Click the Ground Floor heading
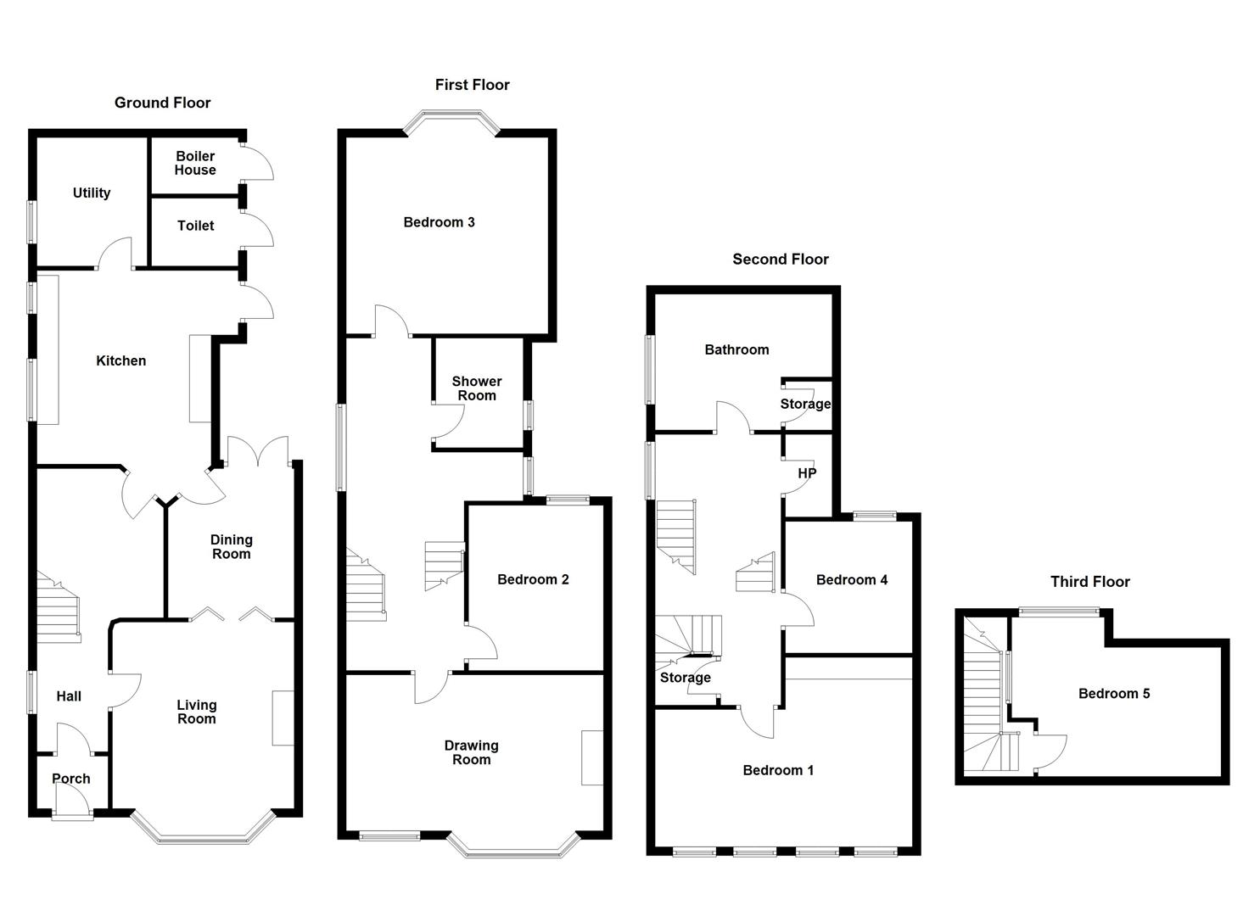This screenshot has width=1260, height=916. pos(163,103)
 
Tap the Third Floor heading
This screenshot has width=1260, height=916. pos(1090,582)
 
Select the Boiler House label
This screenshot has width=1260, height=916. pos(195,163)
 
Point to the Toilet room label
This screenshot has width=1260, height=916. pos(196,226)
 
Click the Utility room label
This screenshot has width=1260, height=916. pos(92,193)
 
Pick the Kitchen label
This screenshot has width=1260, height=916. pos(121,361)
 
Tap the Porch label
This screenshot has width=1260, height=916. pos(71,779)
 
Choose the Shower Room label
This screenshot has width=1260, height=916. pos(477,388)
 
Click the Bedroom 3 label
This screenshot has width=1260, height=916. pos(440,223)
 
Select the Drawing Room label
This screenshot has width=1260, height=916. pos(472,753)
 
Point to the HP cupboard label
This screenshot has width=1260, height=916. pos(807,473)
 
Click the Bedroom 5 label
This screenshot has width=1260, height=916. pos(1114,694)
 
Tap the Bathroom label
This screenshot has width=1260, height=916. pos(736,349)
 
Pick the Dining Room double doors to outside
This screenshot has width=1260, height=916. pos(258,451)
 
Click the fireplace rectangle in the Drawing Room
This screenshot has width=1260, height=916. pos(592,758)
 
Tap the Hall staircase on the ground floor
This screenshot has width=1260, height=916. pos(59,607)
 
